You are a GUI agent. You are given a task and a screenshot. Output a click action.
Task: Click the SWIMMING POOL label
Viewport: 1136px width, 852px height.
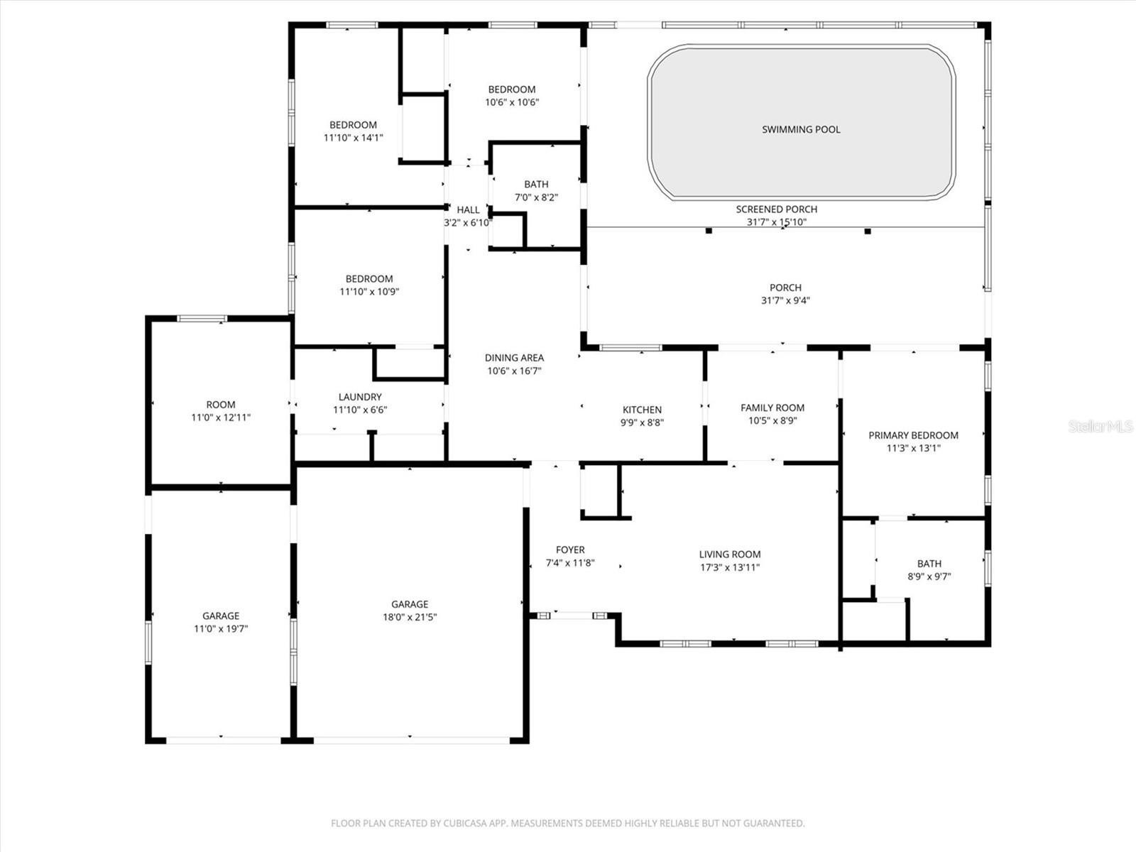coord(801,129)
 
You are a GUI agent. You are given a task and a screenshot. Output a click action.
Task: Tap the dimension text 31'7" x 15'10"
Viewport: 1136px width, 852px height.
coord(776,222)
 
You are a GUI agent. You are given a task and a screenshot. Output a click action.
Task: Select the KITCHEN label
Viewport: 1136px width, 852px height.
coord(642,410)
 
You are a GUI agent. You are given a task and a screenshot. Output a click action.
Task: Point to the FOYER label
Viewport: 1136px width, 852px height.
coord(570,550)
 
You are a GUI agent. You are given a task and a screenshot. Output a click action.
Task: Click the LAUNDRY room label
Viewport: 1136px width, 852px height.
coord(360,397)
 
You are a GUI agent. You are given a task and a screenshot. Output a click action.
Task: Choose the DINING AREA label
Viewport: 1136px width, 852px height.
coord(515,357)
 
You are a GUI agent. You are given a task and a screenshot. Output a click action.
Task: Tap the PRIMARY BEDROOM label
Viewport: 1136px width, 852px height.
coord(914,435)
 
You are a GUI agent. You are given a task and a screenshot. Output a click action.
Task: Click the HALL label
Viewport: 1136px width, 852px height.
coord(468,209)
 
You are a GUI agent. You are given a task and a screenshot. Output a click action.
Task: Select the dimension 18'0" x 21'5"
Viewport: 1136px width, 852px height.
coord(410,616)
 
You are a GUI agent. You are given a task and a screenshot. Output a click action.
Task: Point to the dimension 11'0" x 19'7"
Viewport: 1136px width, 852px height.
coord(221,628)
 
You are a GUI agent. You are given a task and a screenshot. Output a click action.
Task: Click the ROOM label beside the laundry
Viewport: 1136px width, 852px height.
coord(221,405)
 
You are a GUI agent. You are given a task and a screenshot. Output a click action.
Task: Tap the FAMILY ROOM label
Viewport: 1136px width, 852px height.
coord(772,408)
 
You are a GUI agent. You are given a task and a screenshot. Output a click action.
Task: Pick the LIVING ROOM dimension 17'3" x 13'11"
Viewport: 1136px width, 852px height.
coord(730,567)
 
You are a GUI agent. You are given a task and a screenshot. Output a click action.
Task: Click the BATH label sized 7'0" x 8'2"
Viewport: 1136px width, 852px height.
coord(536,184)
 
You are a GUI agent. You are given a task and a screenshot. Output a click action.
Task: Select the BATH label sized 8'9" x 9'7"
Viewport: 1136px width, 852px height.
coord(929,563)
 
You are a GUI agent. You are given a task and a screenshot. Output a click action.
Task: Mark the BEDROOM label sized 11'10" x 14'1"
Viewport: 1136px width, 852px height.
coord(354,125)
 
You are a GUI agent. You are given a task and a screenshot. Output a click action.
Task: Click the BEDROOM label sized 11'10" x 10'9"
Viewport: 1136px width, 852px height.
coord(369,279)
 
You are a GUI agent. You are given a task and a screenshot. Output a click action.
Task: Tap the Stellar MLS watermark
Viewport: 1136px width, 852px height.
coord(1100,426)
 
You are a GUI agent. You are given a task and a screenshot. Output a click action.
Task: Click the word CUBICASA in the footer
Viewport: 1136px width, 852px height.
coord(465,823)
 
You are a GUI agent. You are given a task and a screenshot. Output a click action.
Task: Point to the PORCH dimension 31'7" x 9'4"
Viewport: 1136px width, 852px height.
coord(786,300)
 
